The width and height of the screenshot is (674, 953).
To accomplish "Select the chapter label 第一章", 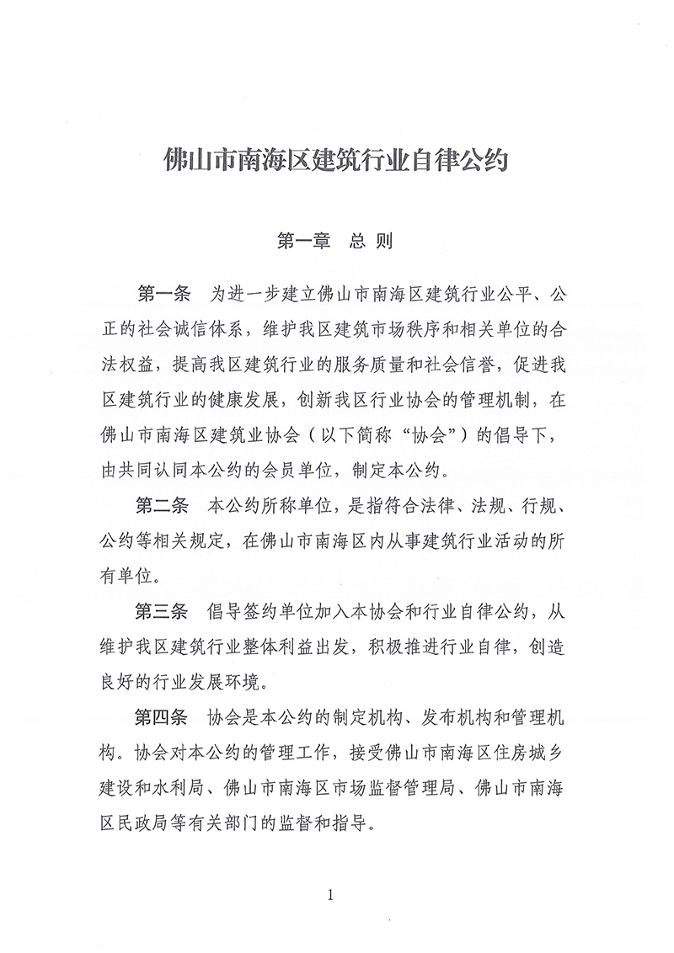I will tap(304, 241).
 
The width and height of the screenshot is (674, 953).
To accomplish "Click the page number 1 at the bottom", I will tap(331, 895).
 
